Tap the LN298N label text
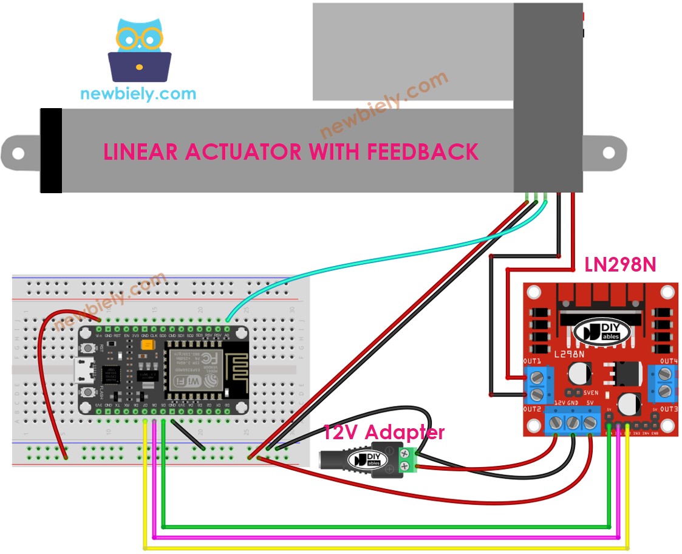click(619, 264)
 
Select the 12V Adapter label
click(383, 433)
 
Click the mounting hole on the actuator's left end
click(17, 154)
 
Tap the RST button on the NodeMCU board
click(89, 349)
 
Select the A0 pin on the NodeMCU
click(227, 335)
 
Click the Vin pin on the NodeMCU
click(98, 335)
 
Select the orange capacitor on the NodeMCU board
click(146, 345)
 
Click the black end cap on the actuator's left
click(51, 151)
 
